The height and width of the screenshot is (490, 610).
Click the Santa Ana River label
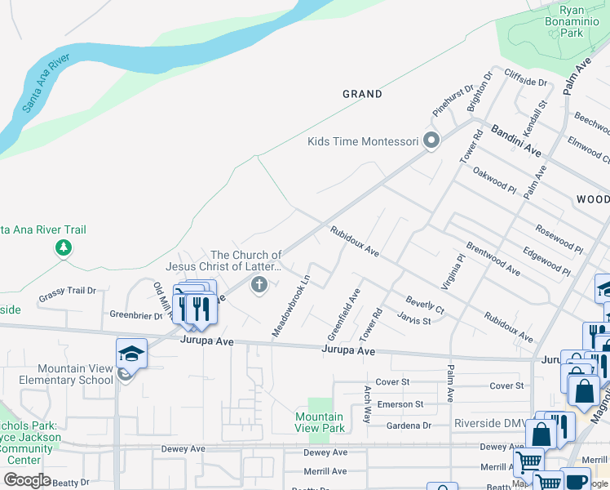tap(46, 85)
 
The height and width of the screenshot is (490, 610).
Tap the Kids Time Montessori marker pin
tap(432, 140)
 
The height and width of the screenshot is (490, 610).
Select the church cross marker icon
tap(259, 284)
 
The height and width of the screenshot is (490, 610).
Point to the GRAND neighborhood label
tap(362, 94)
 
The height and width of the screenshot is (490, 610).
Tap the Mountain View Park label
tap(320, 422)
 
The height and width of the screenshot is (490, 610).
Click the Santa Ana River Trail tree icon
tap(64, 247)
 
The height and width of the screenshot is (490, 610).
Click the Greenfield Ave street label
tap(343, 314)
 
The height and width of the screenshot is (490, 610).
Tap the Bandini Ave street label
tap(516, 140)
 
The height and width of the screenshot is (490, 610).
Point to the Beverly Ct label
tap(425, 305)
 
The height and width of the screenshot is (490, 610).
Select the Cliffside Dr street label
tap(525, 82)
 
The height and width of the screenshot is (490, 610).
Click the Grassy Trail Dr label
tap(67, 291)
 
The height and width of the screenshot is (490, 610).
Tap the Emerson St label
tap(400, 404)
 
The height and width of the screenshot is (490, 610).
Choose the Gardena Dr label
tap(408, 425)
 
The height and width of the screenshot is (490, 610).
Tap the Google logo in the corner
tap(28, 480)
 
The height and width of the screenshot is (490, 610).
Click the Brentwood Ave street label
tap(493, 257)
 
